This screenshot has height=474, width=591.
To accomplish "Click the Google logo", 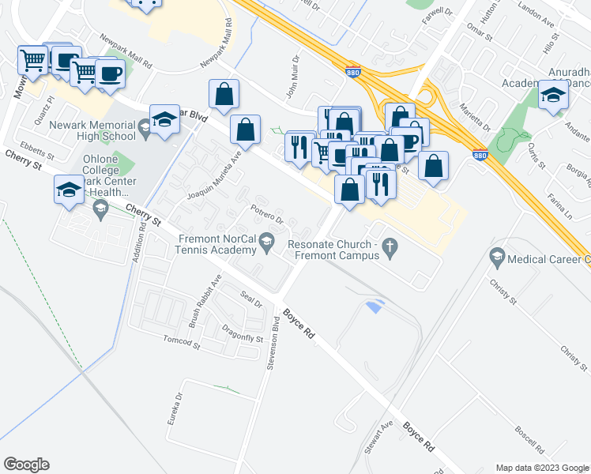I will click(26, 465).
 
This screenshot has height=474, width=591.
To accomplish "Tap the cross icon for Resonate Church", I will click(389, 250).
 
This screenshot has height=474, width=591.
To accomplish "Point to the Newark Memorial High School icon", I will click(145, 126).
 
